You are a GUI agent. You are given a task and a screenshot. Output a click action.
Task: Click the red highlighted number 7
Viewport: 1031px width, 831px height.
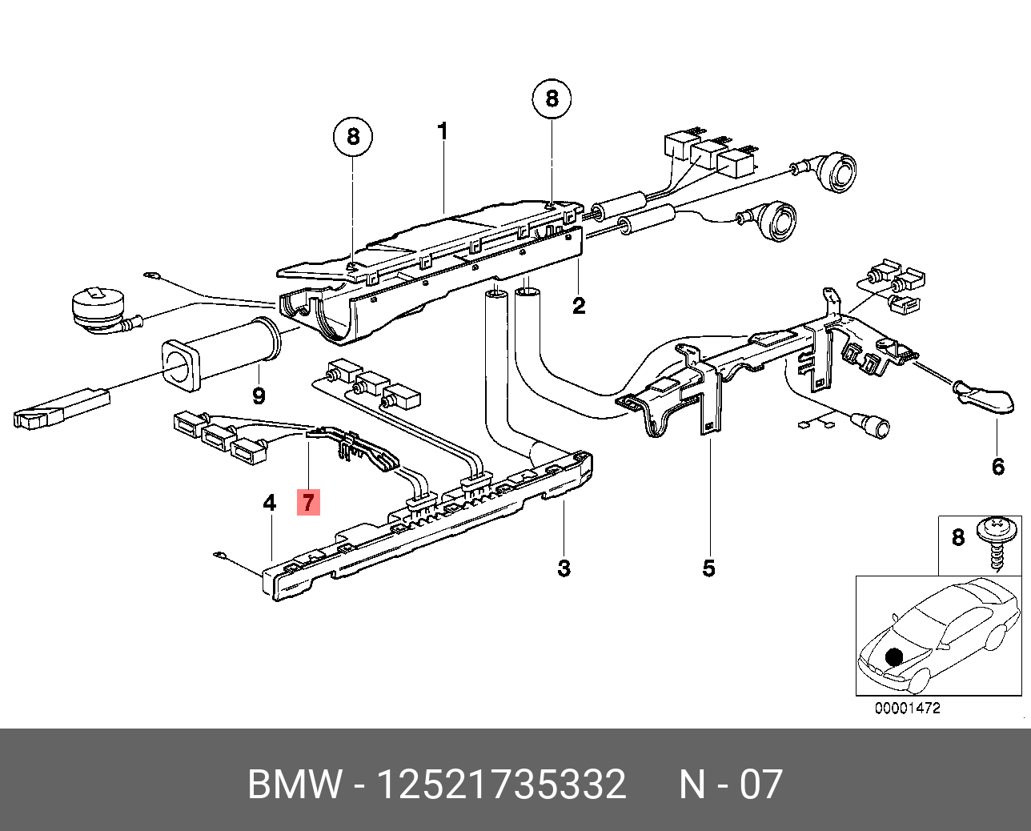point(308,503)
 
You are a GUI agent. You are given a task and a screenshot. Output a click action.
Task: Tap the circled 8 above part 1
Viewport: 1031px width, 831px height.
point(353,137)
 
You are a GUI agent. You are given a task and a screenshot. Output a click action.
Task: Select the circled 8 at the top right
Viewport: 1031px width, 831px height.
point(552,98)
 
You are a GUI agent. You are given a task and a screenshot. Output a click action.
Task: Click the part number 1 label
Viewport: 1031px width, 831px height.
point(443,130)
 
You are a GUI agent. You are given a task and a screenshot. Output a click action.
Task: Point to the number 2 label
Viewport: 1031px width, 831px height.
point(579,306)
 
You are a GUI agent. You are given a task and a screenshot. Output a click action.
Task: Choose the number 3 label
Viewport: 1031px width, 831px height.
point(564,568)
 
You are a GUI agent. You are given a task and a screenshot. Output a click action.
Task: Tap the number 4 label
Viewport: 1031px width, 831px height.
point(270,503)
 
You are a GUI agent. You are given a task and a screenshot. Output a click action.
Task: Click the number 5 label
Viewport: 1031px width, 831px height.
point(708,568)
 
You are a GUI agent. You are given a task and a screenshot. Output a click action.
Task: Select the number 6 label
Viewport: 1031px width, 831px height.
point(997,466)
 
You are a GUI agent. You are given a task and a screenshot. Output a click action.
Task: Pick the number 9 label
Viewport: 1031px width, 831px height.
point(259,395)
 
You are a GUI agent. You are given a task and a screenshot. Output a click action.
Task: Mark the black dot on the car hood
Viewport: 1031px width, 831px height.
point(894,657)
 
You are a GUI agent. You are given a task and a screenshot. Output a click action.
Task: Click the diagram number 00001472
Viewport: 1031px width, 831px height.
point(907,709)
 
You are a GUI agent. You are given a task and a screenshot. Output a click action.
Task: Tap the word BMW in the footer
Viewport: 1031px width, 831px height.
point(295,785)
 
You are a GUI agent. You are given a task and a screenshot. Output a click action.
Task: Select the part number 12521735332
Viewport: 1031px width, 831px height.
point(501,785)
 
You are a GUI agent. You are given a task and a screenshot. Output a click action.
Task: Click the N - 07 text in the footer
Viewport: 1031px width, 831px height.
point(730,785)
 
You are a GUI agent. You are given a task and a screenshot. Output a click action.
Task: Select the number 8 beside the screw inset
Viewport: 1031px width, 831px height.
point(958,537)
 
